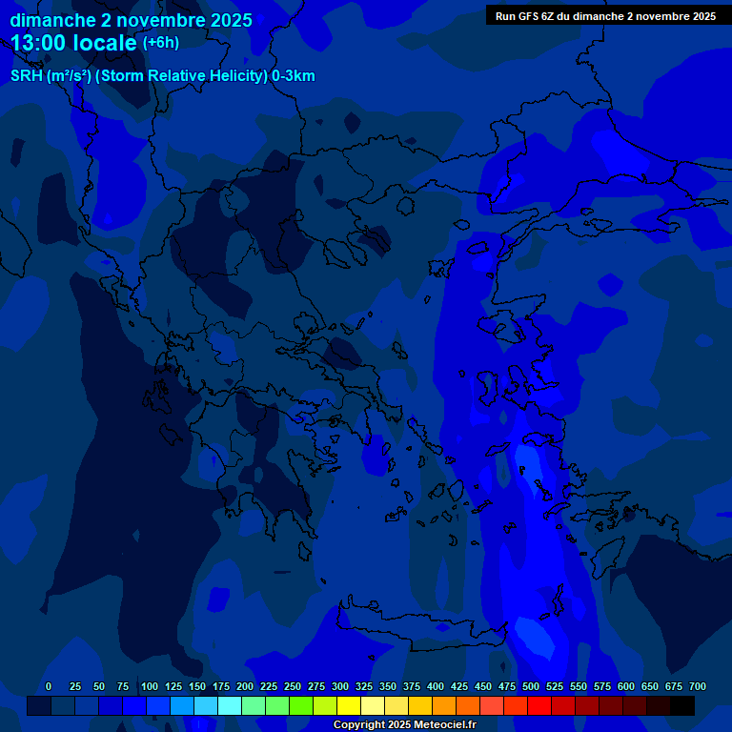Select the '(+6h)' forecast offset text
(160, 42)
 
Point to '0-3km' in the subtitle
(294, 76)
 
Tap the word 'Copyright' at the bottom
(360, 724)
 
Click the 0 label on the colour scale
(49, 686)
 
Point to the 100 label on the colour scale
(150, 686)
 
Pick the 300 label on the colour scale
(340, 686)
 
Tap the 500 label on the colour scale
(531, 686)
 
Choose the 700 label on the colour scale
(698, 686)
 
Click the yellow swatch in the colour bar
(349, 706)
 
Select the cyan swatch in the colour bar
(230, 706)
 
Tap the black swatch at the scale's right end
(682, 706)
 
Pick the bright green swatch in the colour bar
(301, 706)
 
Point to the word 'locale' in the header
(111, 43)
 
